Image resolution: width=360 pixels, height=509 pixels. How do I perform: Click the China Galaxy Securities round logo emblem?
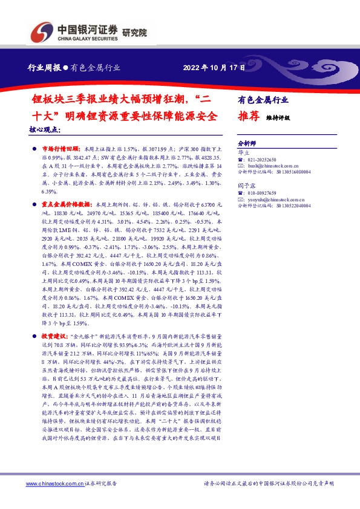coord(44,30)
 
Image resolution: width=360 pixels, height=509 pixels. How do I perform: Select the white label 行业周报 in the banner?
coord(44,68)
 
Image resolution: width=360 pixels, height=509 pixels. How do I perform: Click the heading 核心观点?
coord(45,129)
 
